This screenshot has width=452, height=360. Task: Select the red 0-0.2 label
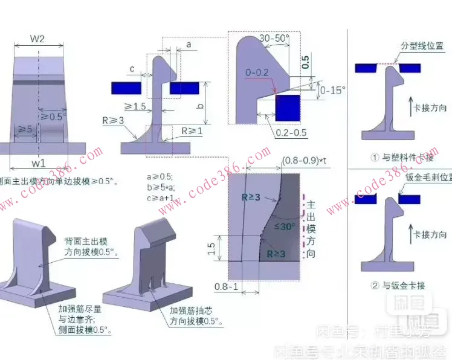(x=257, y=73)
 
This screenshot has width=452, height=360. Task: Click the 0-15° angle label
(x=332, y=90)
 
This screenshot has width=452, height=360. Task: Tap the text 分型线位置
(x=422, y=46)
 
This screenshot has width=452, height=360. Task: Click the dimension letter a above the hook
(x=189, y=44)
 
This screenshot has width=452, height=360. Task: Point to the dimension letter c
(x=132, y=68)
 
